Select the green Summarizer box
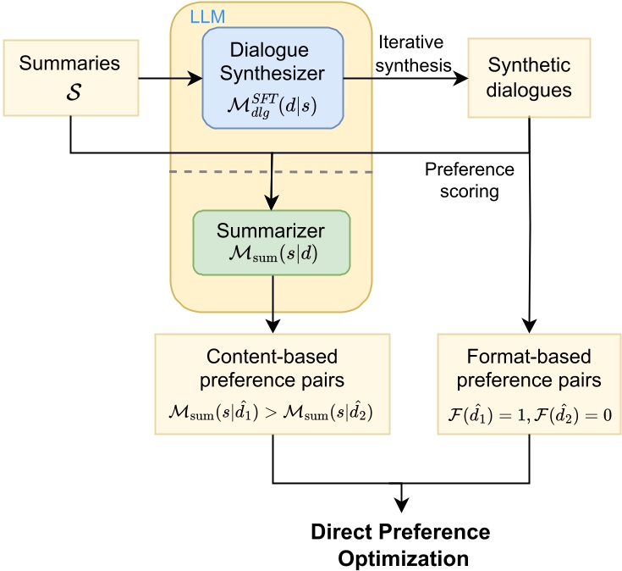coord(271,241)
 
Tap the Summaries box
coord(71,77)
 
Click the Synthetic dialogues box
coord(530,77)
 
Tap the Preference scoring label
coord(470,180)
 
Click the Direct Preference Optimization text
coord(400,545)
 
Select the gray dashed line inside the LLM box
coord(271,172)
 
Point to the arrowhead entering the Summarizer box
coord(272,202)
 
